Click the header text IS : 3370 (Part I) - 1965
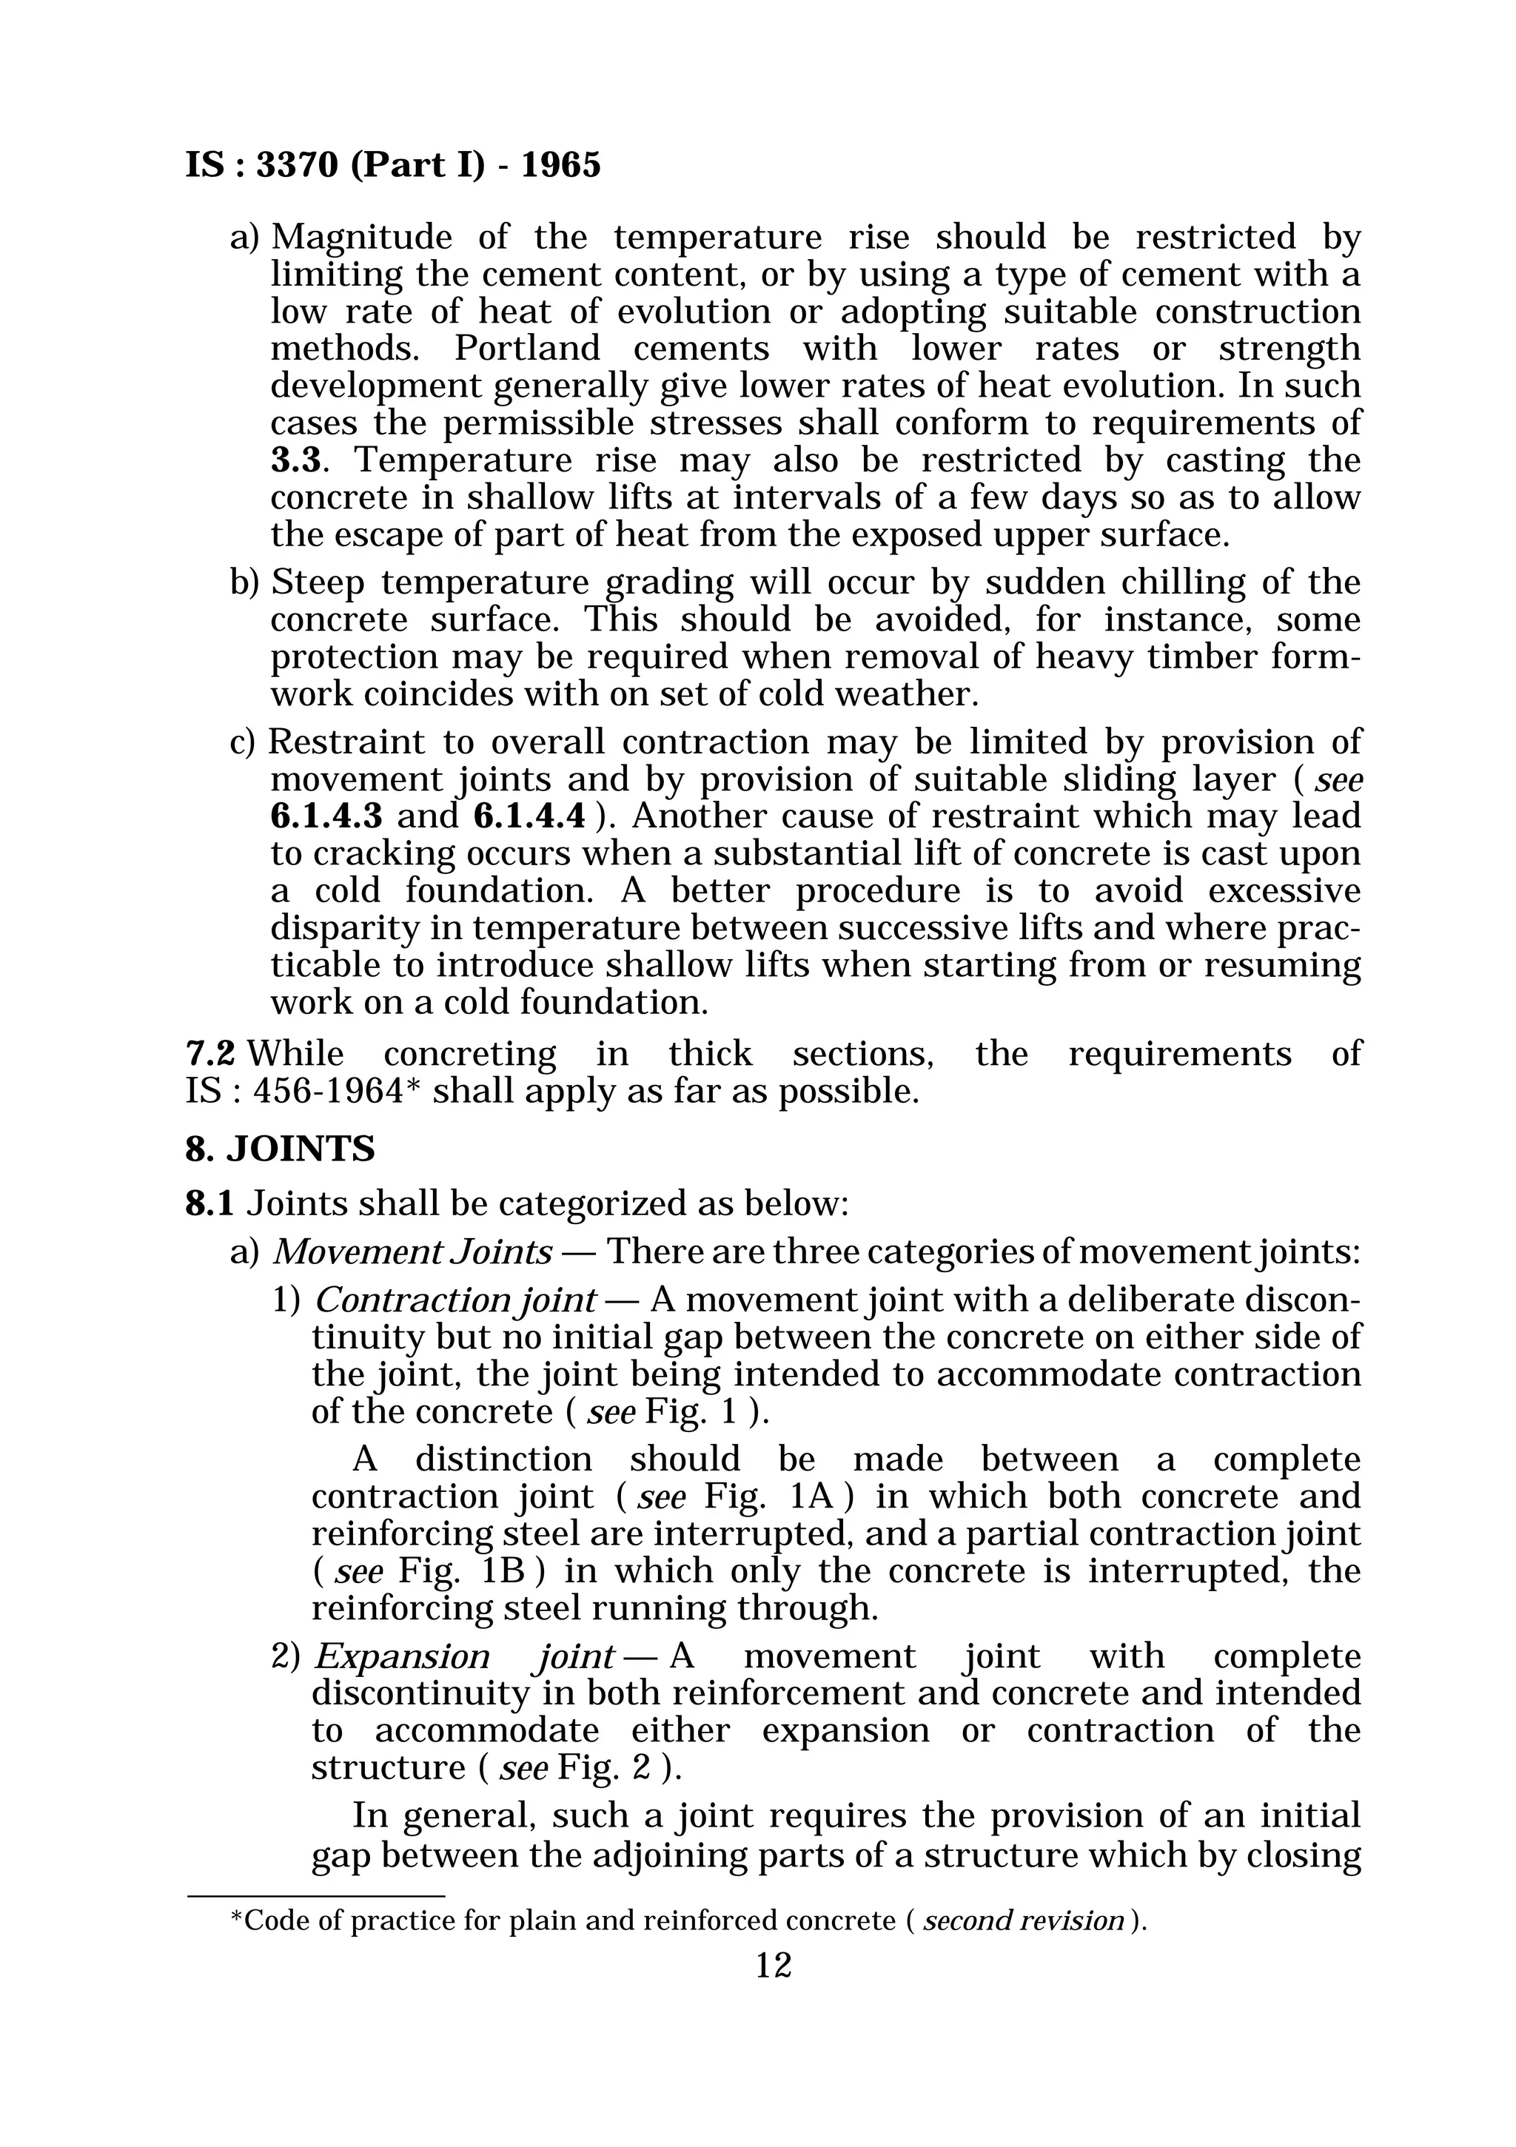393,166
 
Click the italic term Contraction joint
455,1300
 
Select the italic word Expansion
401,1657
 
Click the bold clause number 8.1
209,1203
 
